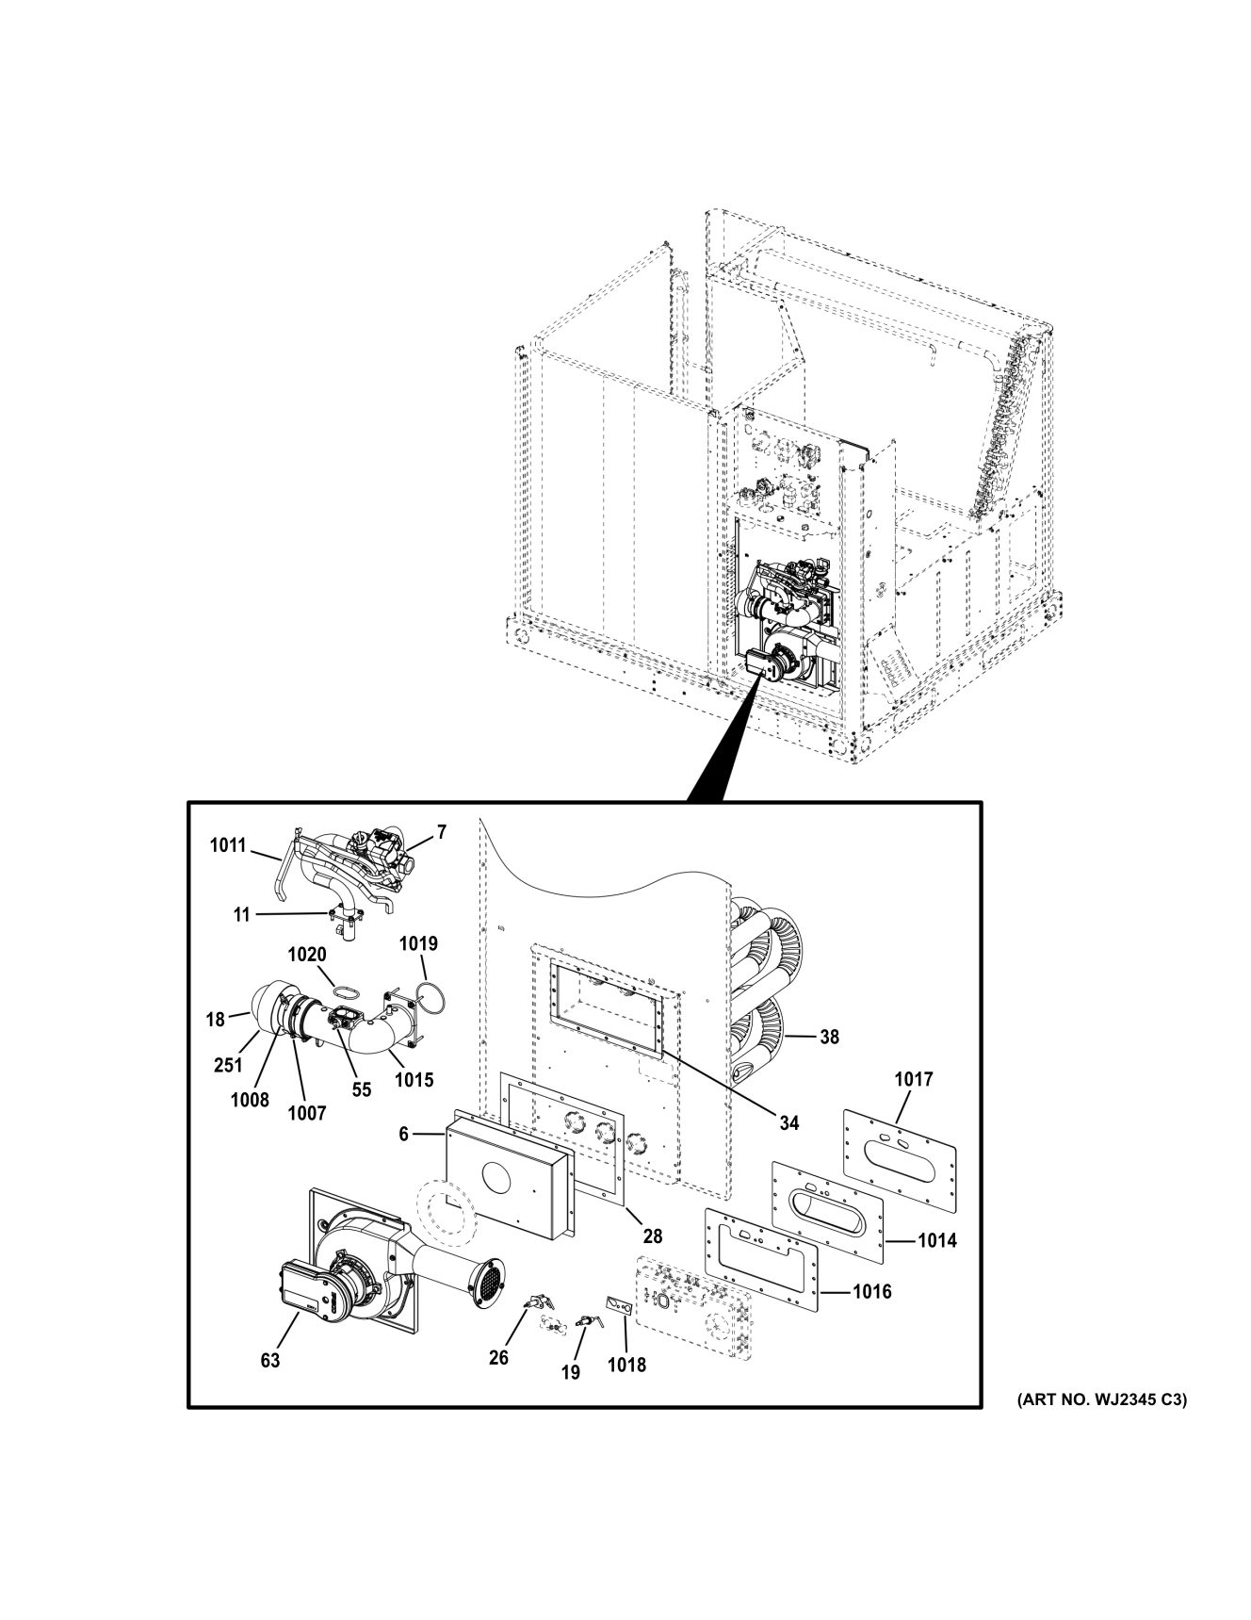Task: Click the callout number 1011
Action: (227, 845)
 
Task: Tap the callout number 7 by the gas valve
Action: (441, 832)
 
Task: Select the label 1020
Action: (307, 955)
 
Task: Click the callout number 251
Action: (228, 1065)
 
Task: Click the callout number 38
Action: (828, 1037)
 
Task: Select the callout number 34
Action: (788, 1122)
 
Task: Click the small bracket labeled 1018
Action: (618, 1306)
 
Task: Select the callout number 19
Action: (571, 1372)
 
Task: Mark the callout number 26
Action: (498, 1357)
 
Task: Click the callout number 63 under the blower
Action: (270, 1361)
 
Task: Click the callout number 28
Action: (652, 1235)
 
